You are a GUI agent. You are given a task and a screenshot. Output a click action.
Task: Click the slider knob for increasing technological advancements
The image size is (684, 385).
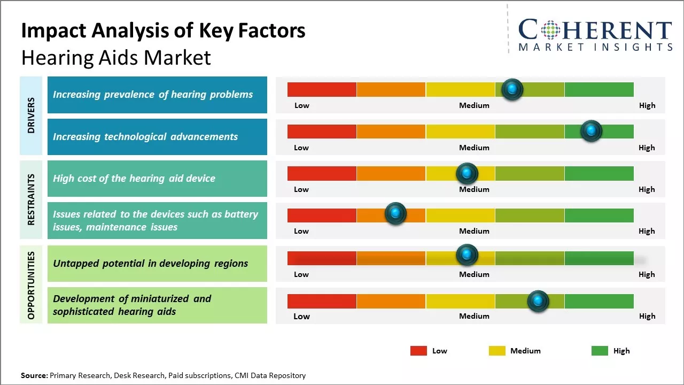point(591,131)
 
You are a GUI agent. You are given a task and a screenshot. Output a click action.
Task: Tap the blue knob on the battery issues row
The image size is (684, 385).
point(395,214)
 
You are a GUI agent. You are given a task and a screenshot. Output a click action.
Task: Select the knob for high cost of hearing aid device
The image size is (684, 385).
point(467,173)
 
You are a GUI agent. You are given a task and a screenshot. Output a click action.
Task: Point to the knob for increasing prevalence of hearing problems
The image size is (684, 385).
point(512,89)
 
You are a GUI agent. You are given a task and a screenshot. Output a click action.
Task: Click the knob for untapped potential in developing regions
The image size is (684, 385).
point(467,255)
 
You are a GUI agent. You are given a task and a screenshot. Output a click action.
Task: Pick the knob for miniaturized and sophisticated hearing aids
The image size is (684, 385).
point(538,301)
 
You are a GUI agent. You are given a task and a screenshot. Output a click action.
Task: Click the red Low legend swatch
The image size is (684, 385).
point(418,351)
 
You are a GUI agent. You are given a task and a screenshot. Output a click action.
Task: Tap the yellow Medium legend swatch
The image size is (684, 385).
point(497,351)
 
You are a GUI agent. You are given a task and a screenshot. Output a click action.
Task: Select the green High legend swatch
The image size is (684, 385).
point(600,351)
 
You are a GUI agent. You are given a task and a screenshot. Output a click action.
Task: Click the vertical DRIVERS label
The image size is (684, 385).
point(32,115)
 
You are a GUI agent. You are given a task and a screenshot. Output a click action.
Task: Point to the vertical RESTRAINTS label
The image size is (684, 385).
point(32,199)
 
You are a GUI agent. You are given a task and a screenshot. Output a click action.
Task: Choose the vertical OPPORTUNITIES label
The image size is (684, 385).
point(32,285)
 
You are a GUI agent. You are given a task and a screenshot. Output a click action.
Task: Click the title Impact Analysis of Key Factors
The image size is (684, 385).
point(163,31)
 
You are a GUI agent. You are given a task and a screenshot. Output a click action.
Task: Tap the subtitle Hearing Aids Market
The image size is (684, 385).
point(116,58)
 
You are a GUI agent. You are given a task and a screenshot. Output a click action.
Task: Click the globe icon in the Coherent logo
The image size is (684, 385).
point(550,30)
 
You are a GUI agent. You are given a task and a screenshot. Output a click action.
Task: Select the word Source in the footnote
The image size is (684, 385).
point(34,375)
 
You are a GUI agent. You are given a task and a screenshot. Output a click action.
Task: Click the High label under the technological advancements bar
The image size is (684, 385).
point(647,148)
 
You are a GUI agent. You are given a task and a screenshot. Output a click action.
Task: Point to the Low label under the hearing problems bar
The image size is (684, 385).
point(302,105)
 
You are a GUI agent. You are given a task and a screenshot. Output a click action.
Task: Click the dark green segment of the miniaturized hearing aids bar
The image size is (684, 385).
point(598,301)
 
